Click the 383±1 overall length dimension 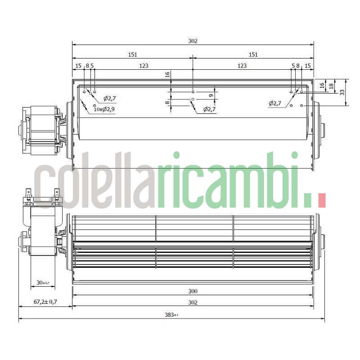[x=171, y=315]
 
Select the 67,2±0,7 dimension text [x=45, y=302]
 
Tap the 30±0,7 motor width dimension [x=43, y=283]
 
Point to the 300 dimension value [x=193, y=291]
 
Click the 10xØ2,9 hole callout [x=104, y=109]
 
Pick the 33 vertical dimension [x=342, y=92]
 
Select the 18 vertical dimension [x=332, y=85]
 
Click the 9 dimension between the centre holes [x=211, y=95]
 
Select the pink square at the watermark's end [x=321, y=201]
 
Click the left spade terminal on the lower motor [x=29, y=195]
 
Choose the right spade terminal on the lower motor [x=57, y=195]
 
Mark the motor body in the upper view [x=43, y=130]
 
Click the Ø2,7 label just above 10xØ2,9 [x=110, y=98]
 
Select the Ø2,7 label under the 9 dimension [x=209, y=109]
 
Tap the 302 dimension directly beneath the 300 [x=193, y=302]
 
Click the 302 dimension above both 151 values [x=193, y=41]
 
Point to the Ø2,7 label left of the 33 [x=275, y=103]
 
